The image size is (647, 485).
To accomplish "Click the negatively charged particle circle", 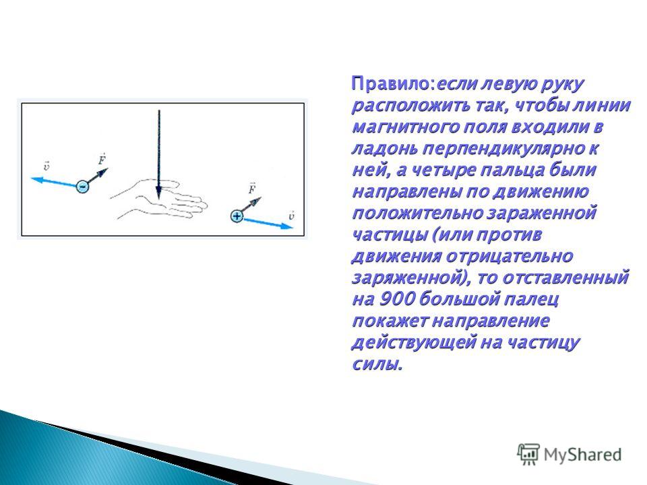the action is pyautogui.click(x=82, y=187).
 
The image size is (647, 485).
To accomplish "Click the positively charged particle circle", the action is pyautogui.click(x=237, y=216).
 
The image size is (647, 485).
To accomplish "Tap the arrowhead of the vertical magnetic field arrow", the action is pyautogui.click(x=158, y=193).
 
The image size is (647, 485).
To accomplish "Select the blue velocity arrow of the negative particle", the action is pyautogui.click(x=54, y=183).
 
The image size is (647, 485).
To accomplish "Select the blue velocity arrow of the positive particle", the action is pyautogui.click(x=268, y=223).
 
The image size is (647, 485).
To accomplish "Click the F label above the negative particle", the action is pyautogui.click(x=102, y=159).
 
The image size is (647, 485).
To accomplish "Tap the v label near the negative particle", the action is pyautogui.click(x=47, y=166).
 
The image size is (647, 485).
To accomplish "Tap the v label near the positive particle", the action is pyautogui.click(x=291, y=216).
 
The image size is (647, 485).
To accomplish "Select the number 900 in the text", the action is pyautogui.click(x=396, y=299).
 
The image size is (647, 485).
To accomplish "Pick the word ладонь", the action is pyautogui.click(x=384, y=148).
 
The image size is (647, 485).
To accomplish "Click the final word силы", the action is pyautogui.click(x=376, y=364).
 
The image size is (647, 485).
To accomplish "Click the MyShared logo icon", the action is pyautogui.click(x=528, y=455).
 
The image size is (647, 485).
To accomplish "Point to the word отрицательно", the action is pyautogui.click(x=510, y=257).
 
